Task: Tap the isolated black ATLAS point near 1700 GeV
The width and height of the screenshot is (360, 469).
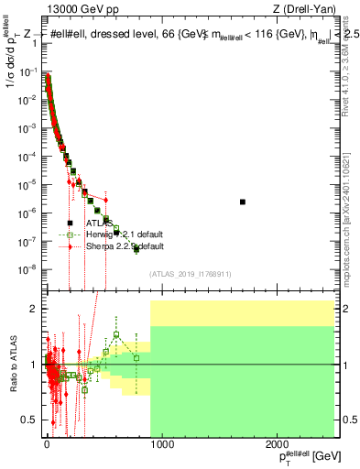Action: (243, 202)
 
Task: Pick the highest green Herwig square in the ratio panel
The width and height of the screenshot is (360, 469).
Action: (116, 334)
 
